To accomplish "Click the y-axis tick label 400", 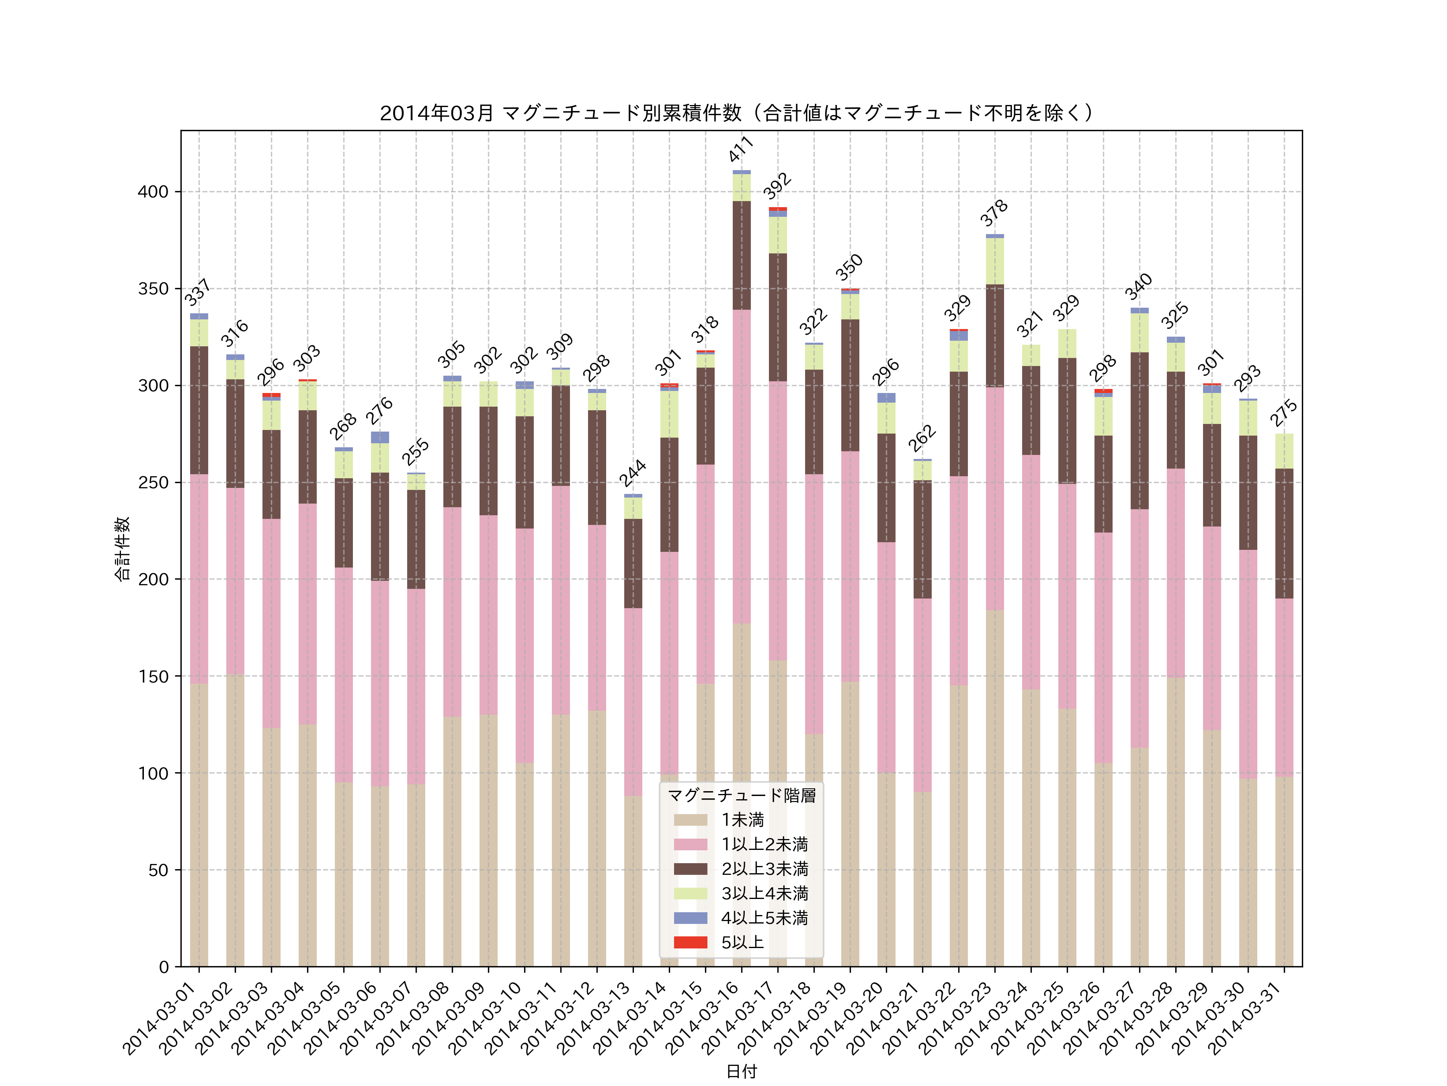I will [x=153, y=192].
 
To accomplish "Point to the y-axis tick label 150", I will [x=153, y=676].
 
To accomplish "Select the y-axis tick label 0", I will [x=164, y=967].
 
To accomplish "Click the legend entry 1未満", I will [x=742, y=820].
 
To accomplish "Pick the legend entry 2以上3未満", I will [x=764, y=869].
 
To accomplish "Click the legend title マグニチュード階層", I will [x=741, y=795].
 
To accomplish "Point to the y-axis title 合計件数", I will [x=122, y=549].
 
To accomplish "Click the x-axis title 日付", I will [x=741, y=1071].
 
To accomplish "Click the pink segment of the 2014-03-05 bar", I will [x=343, y=674].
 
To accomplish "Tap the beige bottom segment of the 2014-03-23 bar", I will [x=994, y=786].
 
